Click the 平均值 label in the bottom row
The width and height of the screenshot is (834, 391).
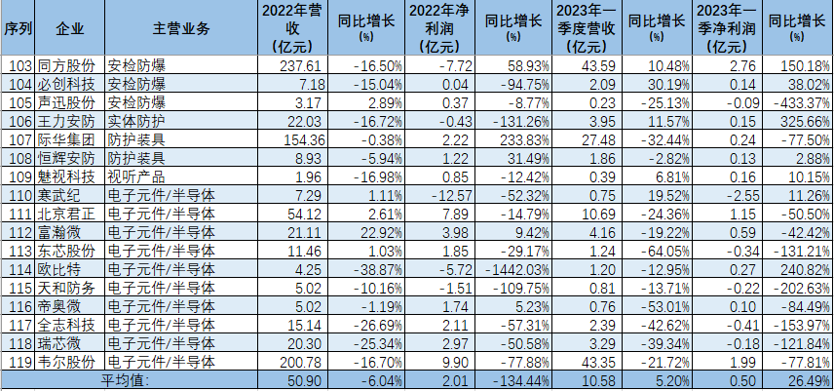pyautogui.click(x=127, y=379)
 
